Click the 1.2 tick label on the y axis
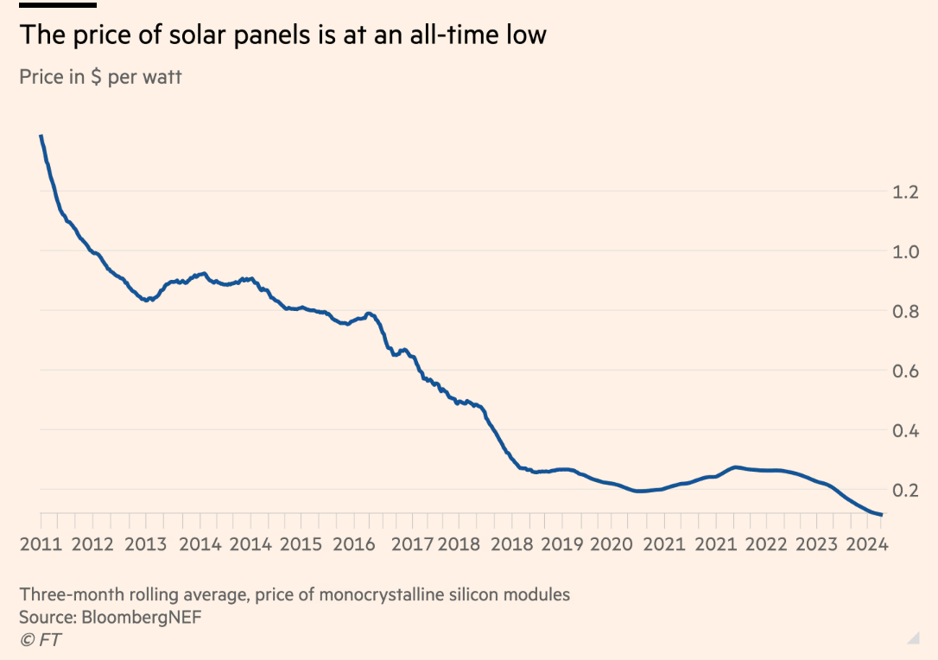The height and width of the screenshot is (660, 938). click(904, 192)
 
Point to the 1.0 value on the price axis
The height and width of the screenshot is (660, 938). click(904, 251)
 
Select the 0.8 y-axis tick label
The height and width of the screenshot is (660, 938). click(904, 311)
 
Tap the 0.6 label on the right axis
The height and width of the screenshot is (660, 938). click(904, 371)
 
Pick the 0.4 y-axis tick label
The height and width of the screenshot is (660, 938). click(904, 430)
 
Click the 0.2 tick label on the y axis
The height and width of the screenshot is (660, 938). click(904, 490)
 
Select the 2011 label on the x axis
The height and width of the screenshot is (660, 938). click(40, 544)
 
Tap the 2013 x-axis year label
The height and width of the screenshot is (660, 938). click(146, 544)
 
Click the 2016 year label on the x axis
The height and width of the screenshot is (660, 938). click(354, 544)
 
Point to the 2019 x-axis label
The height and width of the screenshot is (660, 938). click(561, 544)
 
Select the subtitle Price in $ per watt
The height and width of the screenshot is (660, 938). click(100, 77)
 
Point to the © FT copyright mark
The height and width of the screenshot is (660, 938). click(41, 639)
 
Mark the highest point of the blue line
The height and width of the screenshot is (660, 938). click(41, 136)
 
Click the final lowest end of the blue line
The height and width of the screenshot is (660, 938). click(880, 515)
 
